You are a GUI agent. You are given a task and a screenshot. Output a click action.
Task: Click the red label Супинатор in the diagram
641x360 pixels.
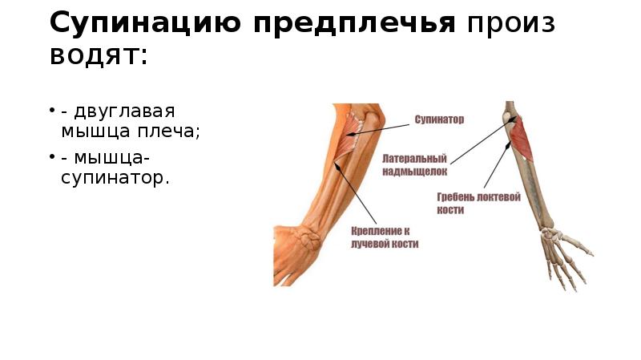439,119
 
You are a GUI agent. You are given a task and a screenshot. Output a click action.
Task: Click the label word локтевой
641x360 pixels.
502,196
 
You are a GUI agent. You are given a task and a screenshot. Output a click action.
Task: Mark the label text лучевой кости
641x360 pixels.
385,243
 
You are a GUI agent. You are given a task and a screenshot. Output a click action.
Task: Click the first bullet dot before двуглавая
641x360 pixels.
52,110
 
